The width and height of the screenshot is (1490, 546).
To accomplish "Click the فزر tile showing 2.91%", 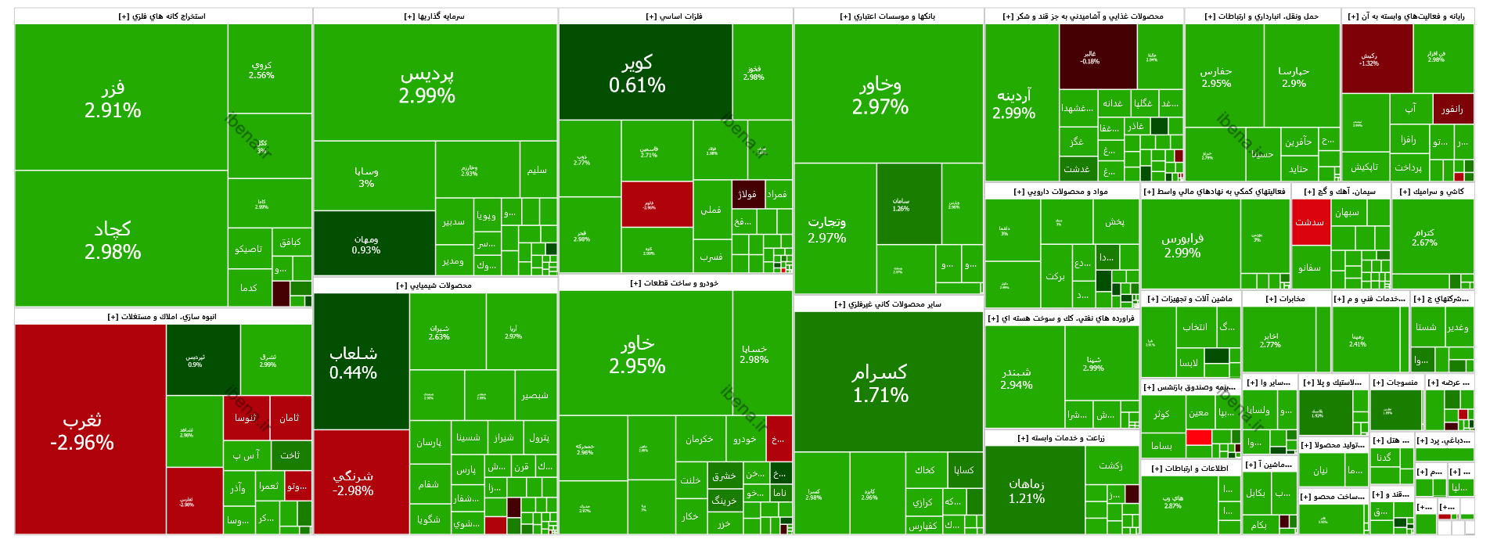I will (113, 99).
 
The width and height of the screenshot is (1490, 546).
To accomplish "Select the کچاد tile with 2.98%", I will (113, 239).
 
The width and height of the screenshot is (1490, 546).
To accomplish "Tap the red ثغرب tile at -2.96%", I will (82, 431).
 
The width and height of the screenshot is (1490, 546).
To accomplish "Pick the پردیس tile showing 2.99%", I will (426, 84).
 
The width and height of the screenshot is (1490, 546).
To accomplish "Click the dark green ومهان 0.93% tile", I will (365, 244).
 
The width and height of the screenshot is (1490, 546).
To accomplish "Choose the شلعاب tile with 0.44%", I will (353, 362).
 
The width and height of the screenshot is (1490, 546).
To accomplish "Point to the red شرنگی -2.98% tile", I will (353, 483).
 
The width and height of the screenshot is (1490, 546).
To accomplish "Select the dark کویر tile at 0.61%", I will (637, 73).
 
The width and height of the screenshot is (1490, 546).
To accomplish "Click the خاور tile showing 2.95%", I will (637, 354).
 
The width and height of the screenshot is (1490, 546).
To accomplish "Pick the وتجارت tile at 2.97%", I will (826, 229).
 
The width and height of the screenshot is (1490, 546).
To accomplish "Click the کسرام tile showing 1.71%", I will (880, 383).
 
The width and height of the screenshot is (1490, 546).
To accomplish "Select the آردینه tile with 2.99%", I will (1013, 103).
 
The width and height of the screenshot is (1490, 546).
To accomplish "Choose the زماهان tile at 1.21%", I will (1027, 490).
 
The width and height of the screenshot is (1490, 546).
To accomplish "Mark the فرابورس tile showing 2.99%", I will (1182, 245).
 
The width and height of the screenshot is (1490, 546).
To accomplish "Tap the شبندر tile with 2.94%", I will (1017, 377).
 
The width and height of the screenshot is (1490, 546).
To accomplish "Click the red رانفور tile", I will (1452, 110).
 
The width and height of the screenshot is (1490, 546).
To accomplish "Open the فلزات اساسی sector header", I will (675, 16).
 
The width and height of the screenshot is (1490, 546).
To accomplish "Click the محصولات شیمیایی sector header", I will (434, 286).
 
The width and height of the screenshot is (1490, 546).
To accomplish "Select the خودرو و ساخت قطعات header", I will (675, 283).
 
